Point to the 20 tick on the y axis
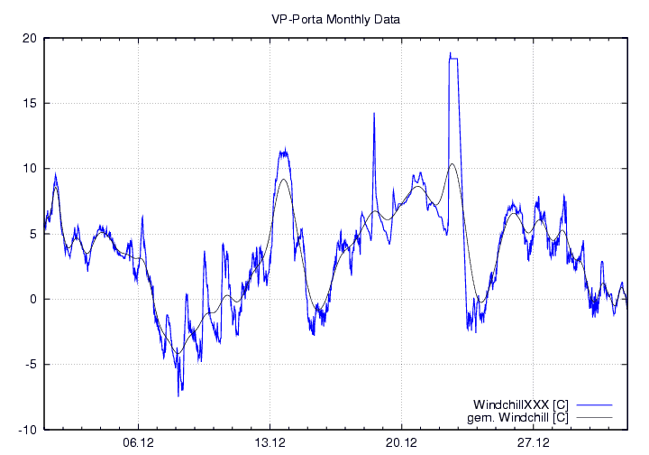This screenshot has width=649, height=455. (x=30, y=38)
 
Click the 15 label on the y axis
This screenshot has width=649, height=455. (x=30, y=103)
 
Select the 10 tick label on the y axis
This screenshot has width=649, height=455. (x=30, y=169)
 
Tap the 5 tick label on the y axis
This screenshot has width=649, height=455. (x=32, y=234)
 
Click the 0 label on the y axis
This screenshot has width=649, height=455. (x=32, y=299)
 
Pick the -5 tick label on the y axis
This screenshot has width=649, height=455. (x=31, y=365)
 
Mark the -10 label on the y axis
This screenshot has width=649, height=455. (x=28, y=430)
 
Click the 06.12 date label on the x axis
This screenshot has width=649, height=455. (x=138, y=443)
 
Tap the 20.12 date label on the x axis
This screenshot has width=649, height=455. (x=401, y=443)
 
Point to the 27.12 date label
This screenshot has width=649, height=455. (x=533, y=443)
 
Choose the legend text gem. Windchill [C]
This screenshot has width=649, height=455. (x=520, y=416)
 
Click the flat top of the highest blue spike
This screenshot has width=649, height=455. (x=454, y=58)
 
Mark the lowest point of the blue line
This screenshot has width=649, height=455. (x=178, y=395)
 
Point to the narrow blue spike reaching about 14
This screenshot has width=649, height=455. (x=374, y=115)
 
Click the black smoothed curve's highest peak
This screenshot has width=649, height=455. (x=452, y=164)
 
